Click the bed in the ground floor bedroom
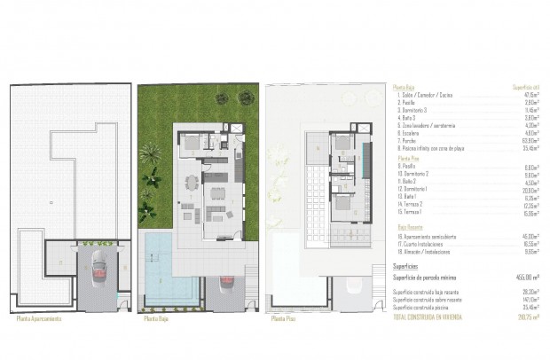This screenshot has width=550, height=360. [x=192, y=141]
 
